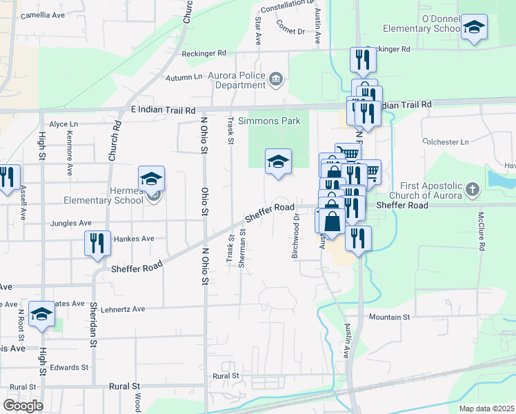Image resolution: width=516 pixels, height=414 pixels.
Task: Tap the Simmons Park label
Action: [269, 121]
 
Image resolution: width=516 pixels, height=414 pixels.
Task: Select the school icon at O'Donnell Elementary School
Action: [473, 28]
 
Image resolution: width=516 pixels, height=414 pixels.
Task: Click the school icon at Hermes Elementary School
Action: [151, 179]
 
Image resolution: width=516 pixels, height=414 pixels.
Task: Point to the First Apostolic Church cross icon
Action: [472, 188]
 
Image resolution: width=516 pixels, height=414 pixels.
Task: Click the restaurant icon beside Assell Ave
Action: [7, 177]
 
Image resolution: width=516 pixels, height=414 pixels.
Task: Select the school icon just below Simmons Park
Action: [278, 161]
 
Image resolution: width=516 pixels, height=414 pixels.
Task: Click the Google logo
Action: [23, 405]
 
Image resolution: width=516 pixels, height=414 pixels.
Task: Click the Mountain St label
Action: [389, 317]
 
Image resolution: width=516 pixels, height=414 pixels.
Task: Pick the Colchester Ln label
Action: [445, 142]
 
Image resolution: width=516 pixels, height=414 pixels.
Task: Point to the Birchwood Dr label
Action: [295, 235]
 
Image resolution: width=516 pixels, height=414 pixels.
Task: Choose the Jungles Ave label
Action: [71, 224]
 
